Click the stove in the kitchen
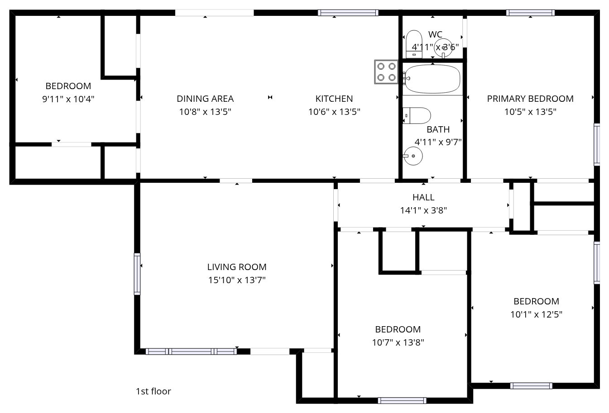(x=386, y=72)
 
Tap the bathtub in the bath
(x=432, y=79)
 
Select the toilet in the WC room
(x=414, y=44)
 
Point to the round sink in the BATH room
(x=413, y=156)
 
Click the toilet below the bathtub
(x=417, y=115)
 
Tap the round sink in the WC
(x=443, y=48)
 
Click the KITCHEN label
(x=334, y=99)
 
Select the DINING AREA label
(x=205, y=99)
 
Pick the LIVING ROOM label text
(x=237, y=267)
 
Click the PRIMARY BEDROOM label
(x=530, y=99)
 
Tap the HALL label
(x=423, y=197)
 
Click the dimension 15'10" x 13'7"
(x=237, y=280)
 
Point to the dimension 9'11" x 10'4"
(x=68, y=99)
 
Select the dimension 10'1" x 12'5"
(x=536, y=314)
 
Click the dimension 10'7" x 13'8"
(x=398, y=342)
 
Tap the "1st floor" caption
(x=153, y=391)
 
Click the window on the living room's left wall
(x=137, y=274)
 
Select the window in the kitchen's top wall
(x=348, y=13)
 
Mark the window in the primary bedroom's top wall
(x=530, y=13)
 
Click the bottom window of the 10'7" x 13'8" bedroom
(x=402, y=400)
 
